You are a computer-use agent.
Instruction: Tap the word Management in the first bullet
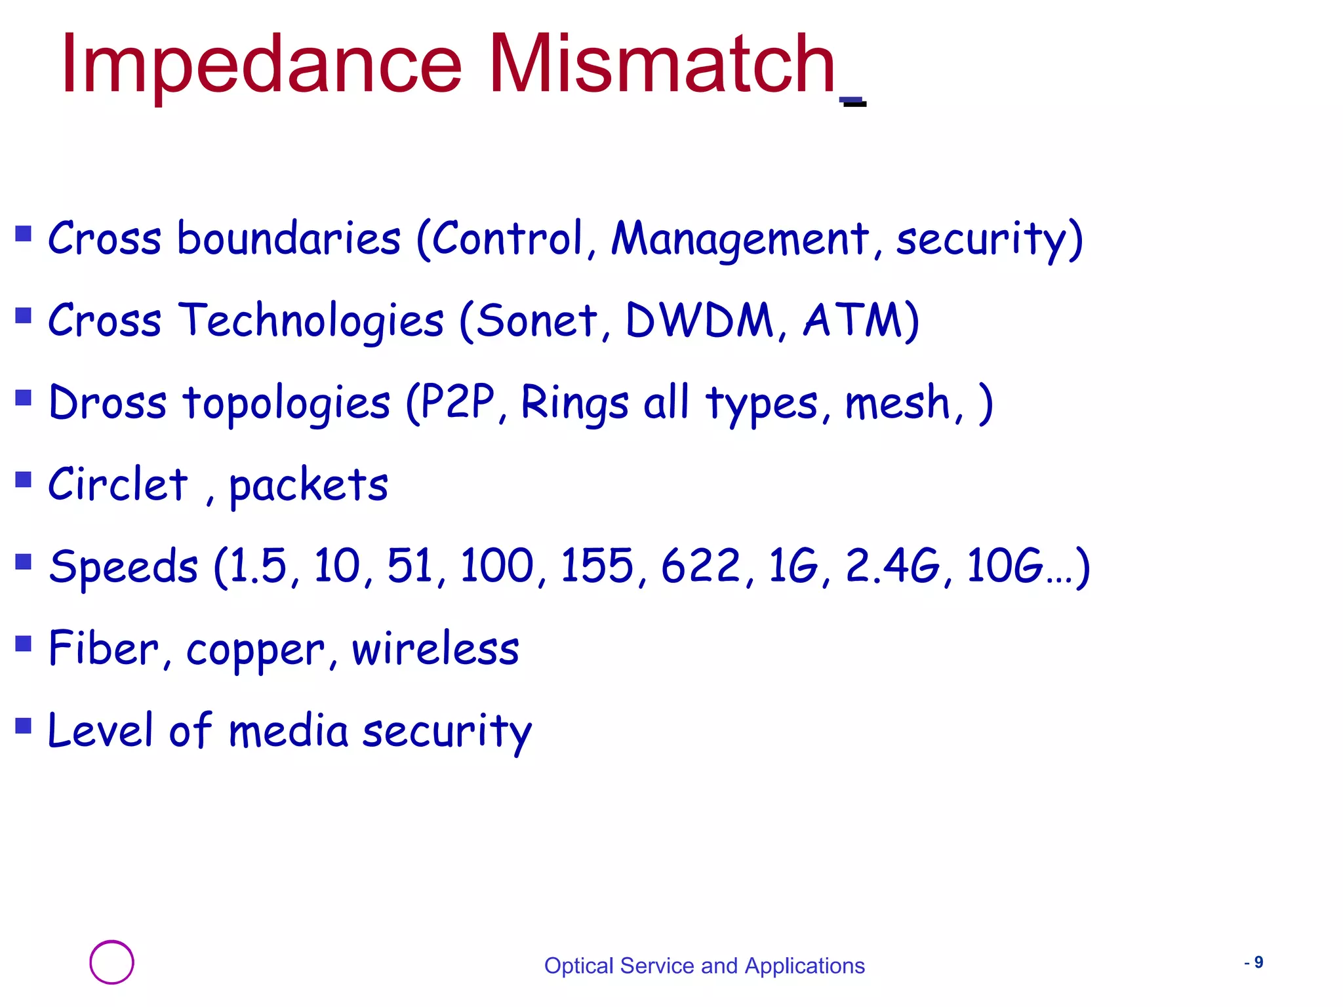[740, 239]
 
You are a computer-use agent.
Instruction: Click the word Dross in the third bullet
[108, 403]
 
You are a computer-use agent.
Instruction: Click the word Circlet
[118, 484]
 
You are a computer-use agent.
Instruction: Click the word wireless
[435, 648]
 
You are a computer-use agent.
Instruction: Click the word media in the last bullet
[288, 730]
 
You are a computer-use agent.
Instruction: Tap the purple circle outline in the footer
[111, 962]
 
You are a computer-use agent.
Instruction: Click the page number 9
[1258, 962]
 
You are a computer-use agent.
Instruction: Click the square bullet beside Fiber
[24, 643]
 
